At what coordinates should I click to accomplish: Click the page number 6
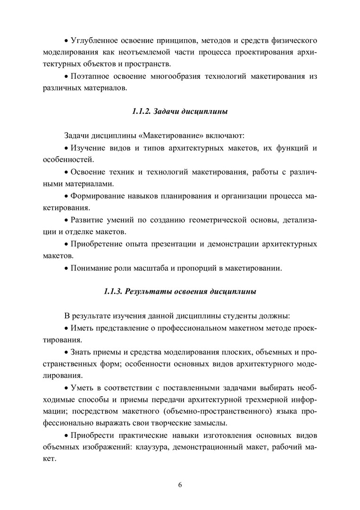[180, 485]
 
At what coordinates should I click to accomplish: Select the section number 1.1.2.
[140, 112]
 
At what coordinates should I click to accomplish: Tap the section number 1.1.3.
[113, 291]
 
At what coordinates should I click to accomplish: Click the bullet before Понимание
[66, 269]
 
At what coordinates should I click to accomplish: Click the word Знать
[81, 352]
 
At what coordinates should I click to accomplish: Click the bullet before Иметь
[66, 328]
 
